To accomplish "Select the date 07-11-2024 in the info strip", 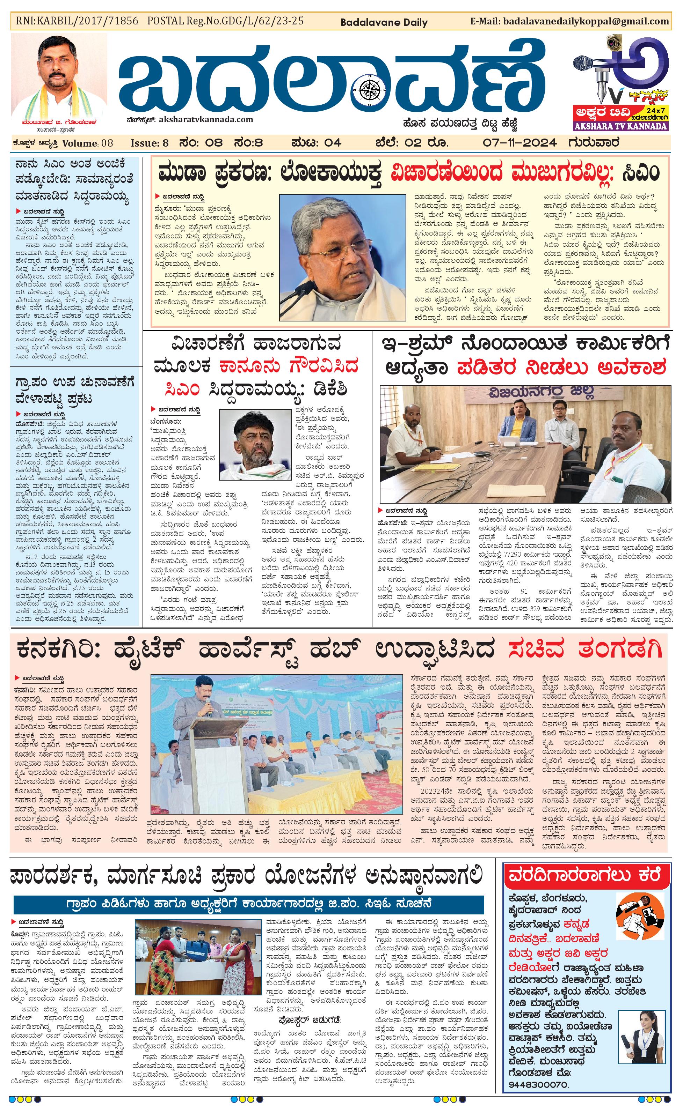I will (519, 143).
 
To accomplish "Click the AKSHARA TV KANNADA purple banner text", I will (622, 126).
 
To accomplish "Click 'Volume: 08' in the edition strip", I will (88, 143).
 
